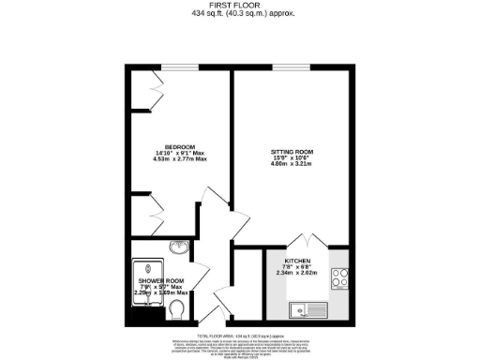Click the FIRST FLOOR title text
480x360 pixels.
239,7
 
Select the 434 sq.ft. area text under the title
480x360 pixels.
239,15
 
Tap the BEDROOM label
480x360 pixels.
179,147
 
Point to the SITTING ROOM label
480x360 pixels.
292,152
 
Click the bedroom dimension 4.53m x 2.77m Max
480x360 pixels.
179,160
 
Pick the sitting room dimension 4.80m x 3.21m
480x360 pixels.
292,165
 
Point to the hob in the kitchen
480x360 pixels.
341,278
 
